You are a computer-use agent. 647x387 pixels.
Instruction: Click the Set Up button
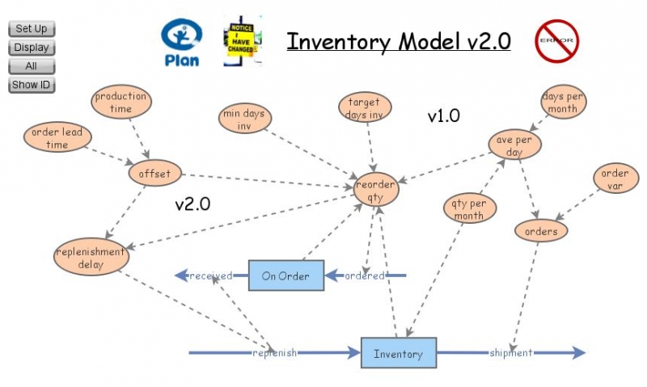(32, 29)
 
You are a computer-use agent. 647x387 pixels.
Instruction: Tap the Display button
(32, 48)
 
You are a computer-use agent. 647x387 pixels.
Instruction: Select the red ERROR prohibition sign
(557, 40)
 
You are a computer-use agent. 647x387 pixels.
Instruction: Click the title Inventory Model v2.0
(399, 41)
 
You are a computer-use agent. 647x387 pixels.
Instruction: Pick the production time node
(121, 103)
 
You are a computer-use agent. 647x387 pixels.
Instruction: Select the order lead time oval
(57, 138)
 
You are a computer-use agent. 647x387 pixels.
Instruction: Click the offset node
(155, 173)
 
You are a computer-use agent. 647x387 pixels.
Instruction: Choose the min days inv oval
(243, 120)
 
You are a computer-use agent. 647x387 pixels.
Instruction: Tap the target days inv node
(364, 109)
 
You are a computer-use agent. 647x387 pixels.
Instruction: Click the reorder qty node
(375, 190)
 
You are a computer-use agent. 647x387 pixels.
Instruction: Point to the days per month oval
(564, 103)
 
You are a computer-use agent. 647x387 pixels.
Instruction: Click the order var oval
(616, 179)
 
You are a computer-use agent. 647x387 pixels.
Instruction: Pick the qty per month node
(469, 209)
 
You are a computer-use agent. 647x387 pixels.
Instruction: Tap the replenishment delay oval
(91, 257)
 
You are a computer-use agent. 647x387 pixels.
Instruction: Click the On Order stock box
(285, 276)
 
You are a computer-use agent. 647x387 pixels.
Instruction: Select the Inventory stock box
(398, 354)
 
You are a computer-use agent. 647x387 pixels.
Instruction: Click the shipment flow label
(510, 353)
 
